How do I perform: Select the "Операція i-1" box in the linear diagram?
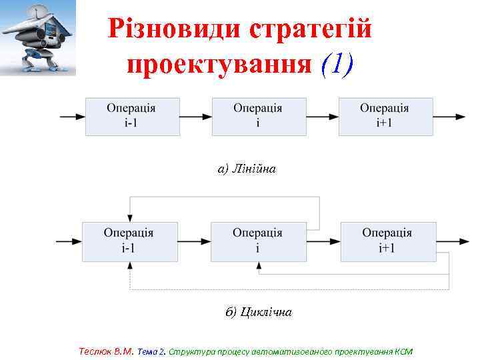tap(132, 117)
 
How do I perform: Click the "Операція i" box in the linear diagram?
tap(259, 117)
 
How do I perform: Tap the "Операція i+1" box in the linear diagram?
tap(385, 117)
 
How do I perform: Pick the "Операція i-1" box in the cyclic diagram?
tap(129, 241)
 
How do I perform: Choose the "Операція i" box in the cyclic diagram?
tap(258, 241)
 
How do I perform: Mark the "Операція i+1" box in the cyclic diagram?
tap(388, 241)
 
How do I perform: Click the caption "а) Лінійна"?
tap(247, 169)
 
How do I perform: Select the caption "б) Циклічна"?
tap(259, 312)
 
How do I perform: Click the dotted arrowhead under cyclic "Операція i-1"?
tap(130, 264)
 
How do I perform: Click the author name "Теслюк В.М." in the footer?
tap(106, 351)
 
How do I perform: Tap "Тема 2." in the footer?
tap(152, 351)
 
